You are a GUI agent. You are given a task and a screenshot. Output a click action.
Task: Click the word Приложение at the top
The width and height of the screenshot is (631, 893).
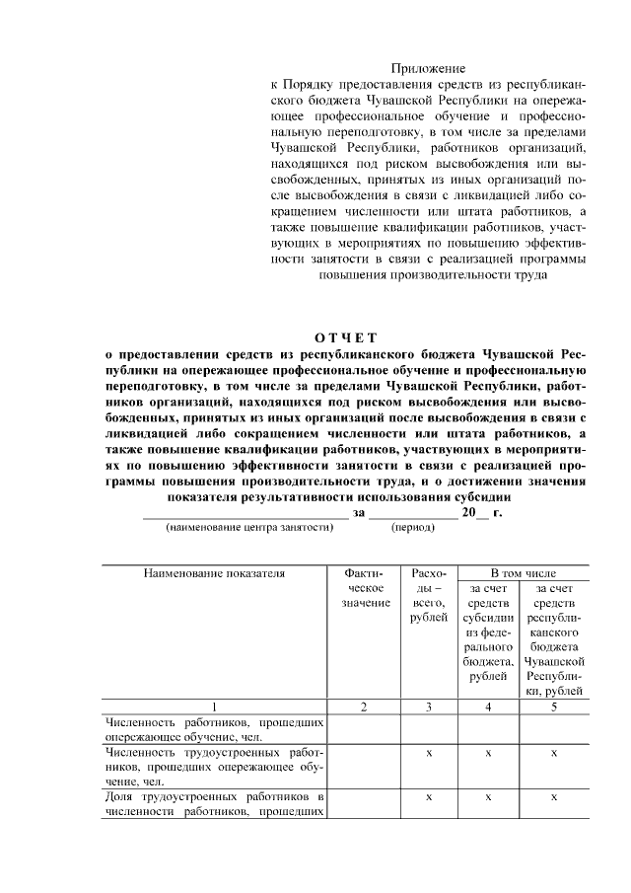(x=427, y=68)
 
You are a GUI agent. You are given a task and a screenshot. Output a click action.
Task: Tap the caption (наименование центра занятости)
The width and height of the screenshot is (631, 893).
(x=249, y=527)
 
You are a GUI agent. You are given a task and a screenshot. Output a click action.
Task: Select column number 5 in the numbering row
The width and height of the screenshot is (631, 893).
(x=554, y=707)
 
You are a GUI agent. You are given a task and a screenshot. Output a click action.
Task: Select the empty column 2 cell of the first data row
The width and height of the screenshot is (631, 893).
(x=364, y=729)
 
